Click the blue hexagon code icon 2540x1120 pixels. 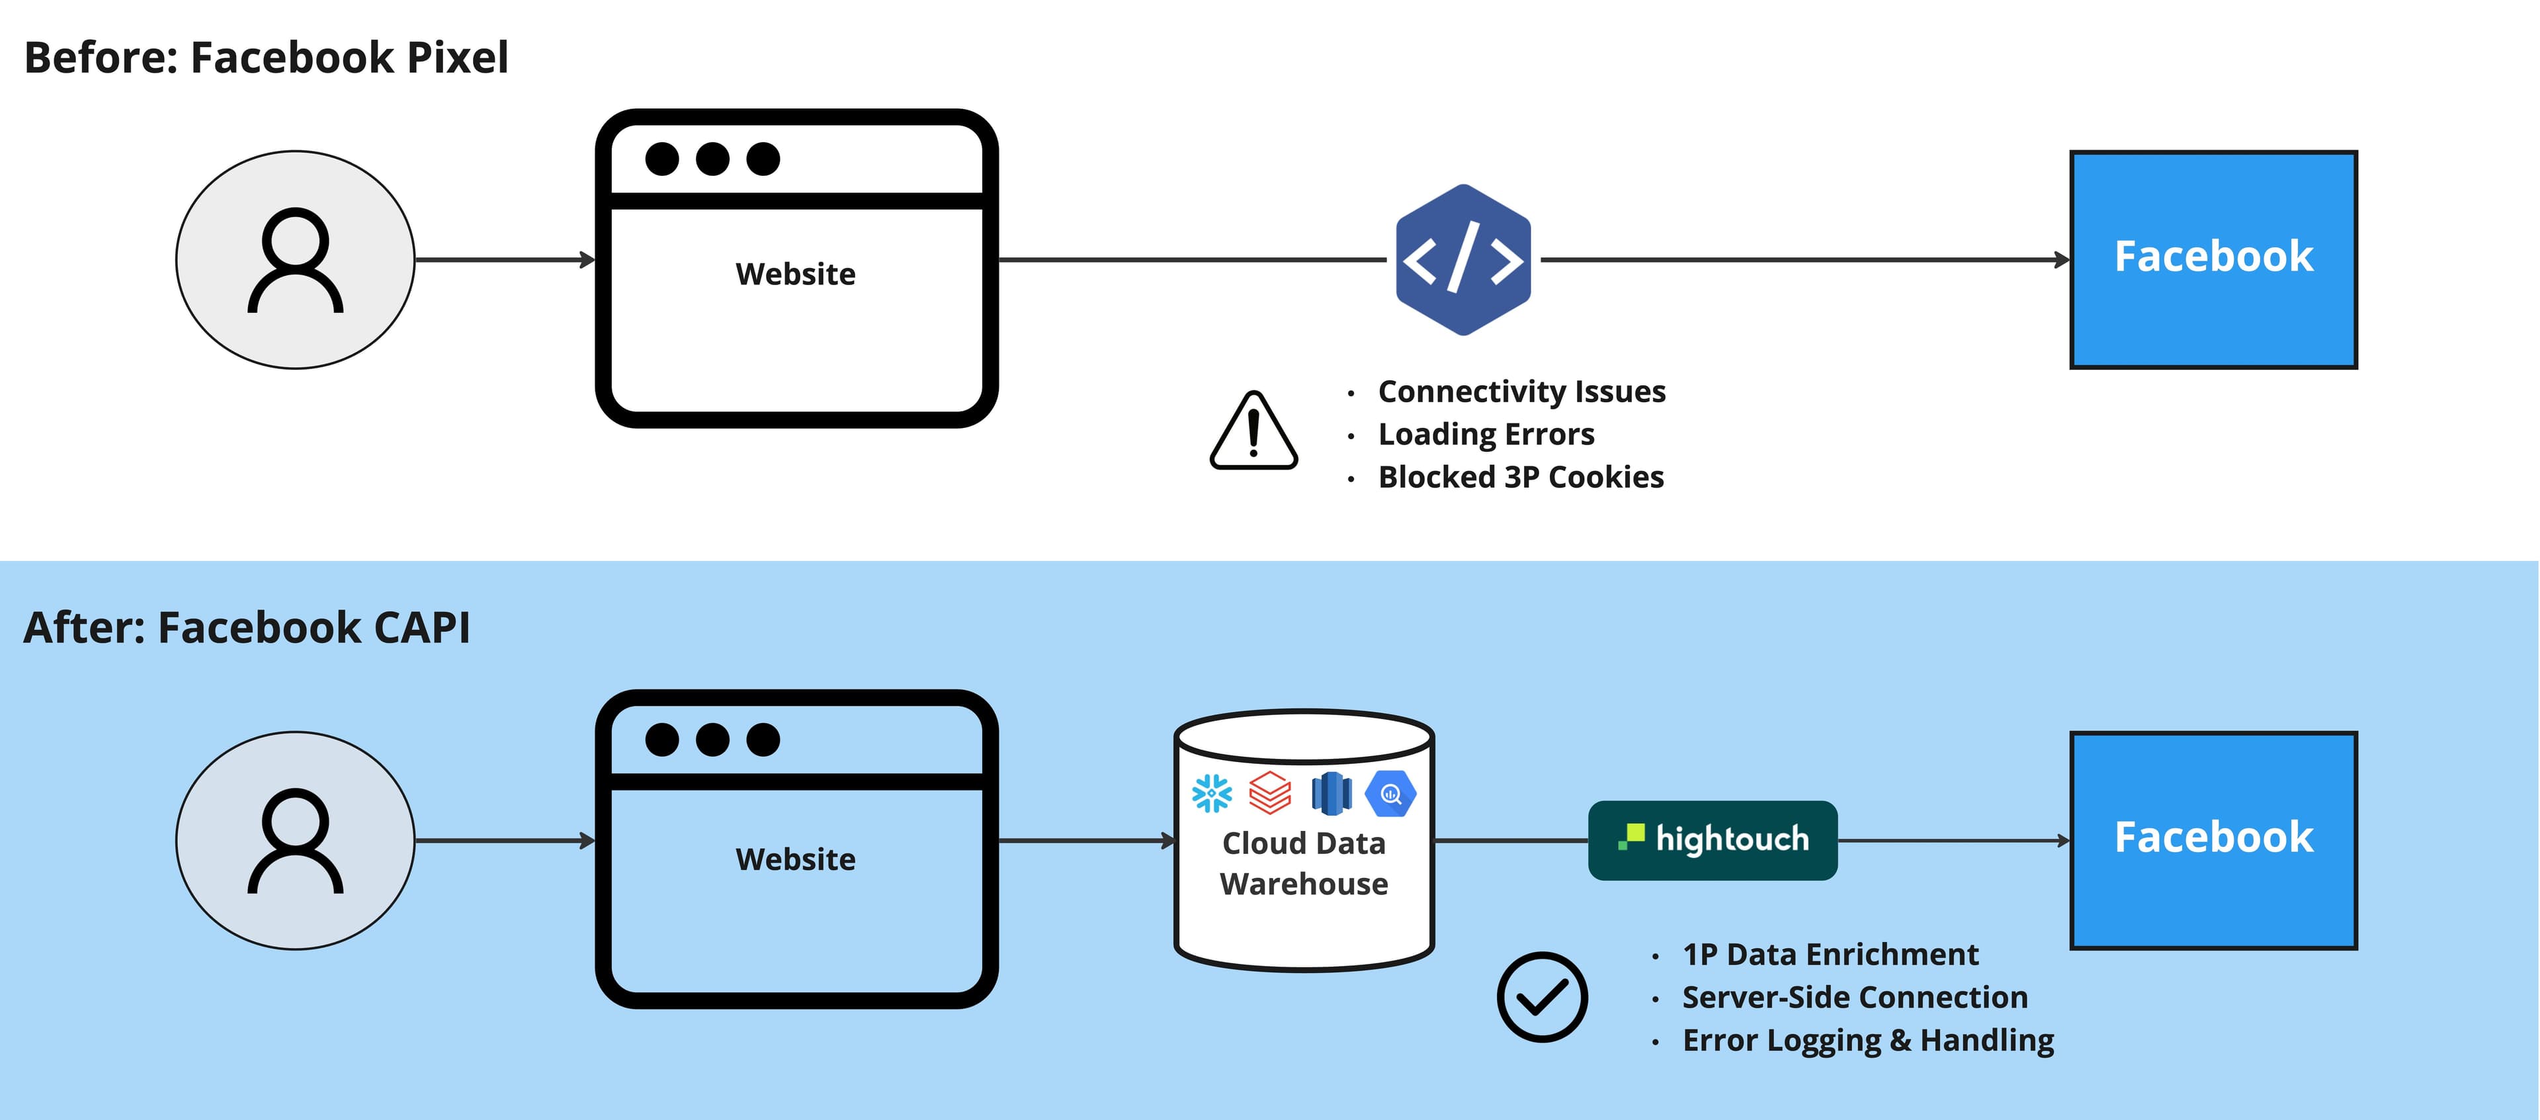1463,260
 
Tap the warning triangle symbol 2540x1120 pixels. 1253,432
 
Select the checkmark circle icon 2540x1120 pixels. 1541,997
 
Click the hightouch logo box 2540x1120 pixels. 1713,840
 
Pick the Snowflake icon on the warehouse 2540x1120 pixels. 1212,793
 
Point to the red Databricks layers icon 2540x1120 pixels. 1270,793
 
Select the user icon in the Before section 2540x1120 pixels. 295,260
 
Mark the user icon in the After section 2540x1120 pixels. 295,840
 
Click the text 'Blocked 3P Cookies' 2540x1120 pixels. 1521,477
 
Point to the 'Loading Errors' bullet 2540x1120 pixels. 1486,434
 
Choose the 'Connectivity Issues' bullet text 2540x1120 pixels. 1521,392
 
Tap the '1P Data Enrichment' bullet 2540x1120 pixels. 1830,955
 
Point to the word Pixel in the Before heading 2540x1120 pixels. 458,57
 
